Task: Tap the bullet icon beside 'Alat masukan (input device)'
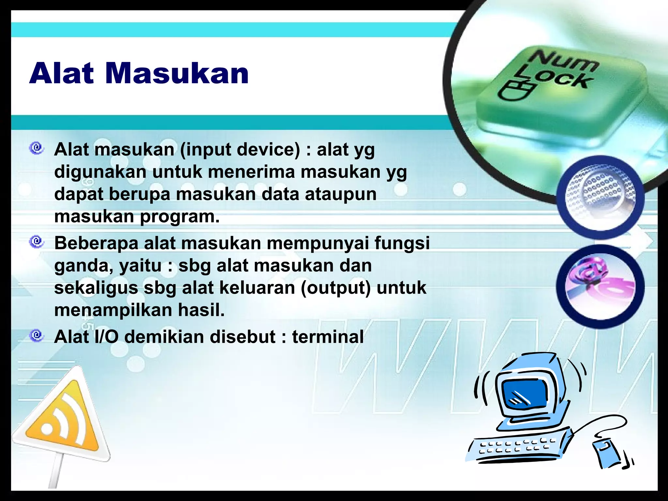(x=37, y=148)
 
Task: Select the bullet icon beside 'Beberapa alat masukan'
(x=37, y=242)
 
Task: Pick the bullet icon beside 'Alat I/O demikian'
(x=37, y=335)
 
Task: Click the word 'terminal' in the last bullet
(x=327, y=337)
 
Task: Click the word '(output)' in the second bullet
(x=336, y=288)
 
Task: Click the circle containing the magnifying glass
(x=600, y=197)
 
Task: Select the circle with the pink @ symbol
(x=600, y=286)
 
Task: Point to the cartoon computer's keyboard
(x=519, y=447)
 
